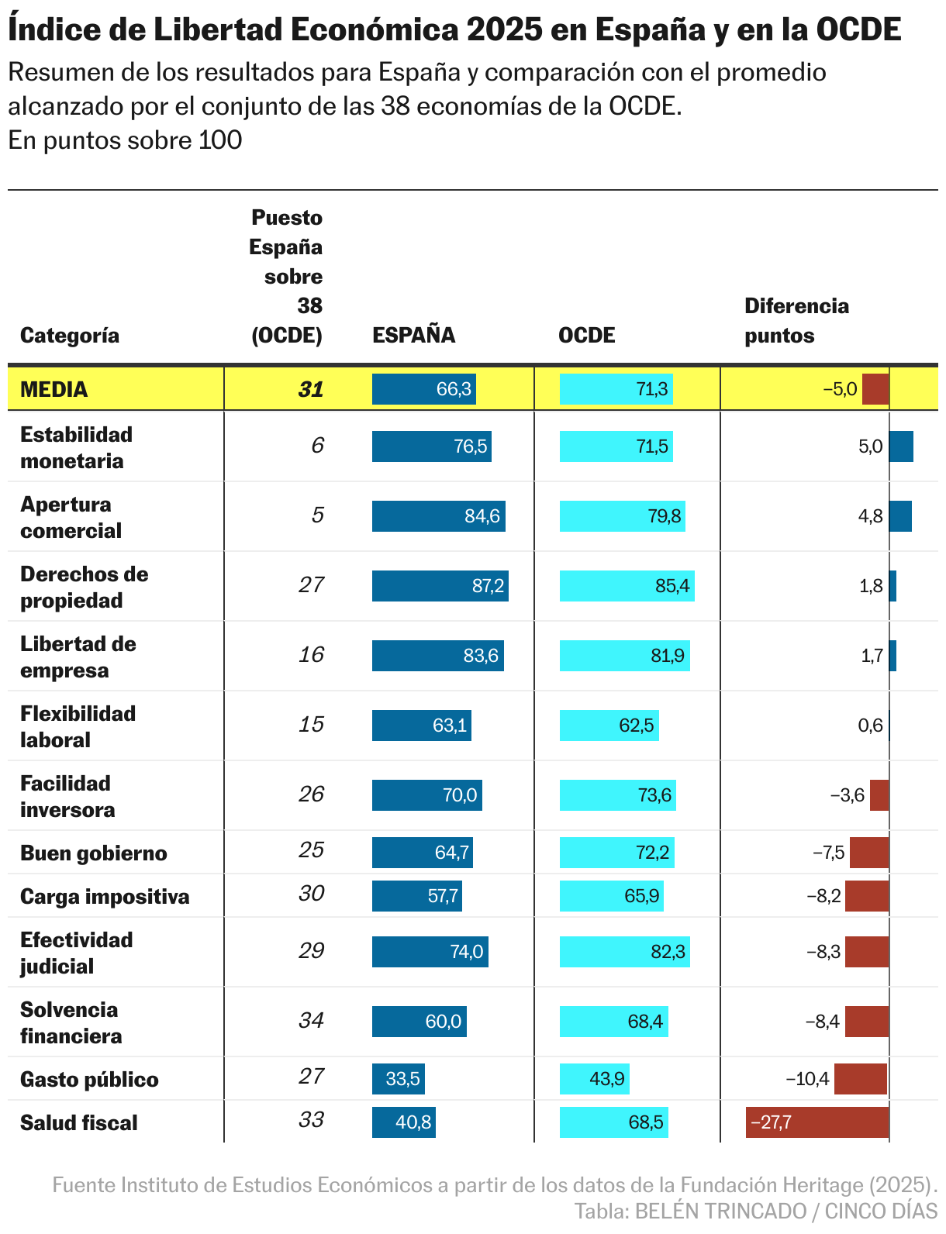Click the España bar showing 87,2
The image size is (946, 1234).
click(440, 586)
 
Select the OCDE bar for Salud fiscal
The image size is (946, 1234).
click(613, 1122)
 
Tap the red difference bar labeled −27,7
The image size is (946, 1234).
click(817, 1122)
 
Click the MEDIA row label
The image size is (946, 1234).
click(54, 389)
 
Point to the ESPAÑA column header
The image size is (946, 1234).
click(413, 335)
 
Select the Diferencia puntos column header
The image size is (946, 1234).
click(796, 320)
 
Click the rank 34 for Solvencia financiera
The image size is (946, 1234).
click(311, 1020)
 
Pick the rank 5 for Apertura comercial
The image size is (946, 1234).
click(317, 515)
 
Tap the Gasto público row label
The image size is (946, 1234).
click(89, 1079)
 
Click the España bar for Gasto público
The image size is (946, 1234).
click(398, 1079)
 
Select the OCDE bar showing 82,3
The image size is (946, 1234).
click(624, 952)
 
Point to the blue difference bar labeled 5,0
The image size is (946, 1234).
click(901, 446)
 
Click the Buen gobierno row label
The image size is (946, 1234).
click(94, 853)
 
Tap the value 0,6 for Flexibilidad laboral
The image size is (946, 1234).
click(870, 726)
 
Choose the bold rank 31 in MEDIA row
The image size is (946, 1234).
click(311, 389)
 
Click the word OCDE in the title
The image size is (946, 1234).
click(859, 29)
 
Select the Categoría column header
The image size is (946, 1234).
click(70, 335)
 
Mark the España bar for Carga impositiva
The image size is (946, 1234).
click(416, 896)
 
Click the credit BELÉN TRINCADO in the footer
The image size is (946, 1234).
click(720, 1211)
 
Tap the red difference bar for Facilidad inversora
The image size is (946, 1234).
click(879, 795)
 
